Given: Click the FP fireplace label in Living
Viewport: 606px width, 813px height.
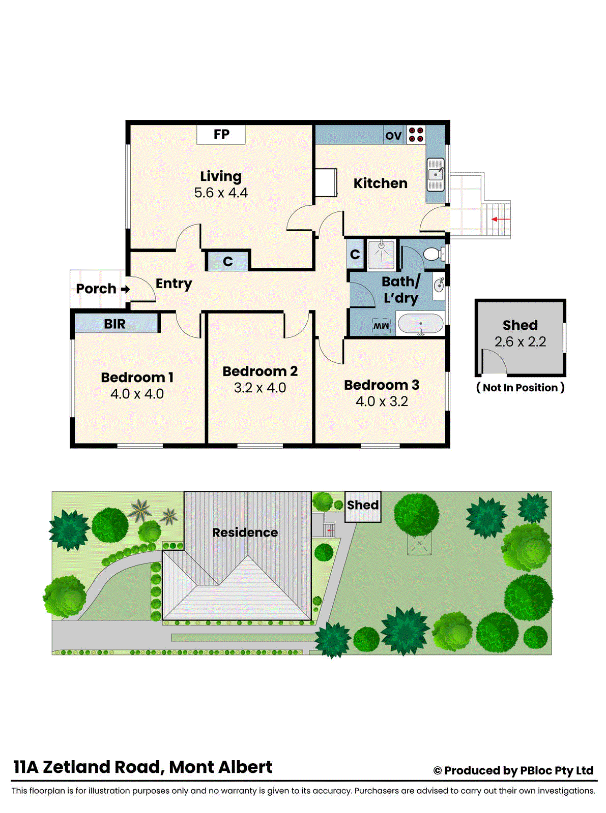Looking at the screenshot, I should [221, 135].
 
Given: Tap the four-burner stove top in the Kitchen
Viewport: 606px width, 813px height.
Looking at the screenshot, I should [416, 135].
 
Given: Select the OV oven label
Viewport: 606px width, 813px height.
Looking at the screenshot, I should [393, 136].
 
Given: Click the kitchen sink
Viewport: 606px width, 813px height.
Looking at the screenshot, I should [436, 174].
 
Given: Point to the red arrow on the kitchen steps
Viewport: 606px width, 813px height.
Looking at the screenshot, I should [501, 220].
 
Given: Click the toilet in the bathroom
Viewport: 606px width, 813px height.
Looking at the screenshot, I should [434, 254].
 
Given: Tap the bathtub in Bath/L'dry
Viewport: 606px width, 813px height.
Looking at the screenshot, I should [420, 324].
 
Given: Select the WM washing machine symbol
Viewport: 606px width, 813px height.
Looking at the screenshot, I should [381, 326].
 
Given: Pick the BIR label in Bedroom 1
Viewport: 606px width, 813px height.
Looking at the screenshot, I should [114, 324].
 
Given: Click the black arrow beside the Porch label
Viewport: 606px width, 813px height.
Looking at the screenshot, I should [125, 289].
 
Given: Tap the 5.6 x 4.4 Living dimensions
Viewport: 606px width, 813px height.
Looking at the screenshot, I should [221, 193].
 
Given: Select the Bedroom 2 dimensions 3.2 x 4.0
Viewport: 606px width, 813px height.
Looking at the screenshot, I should [259, 388].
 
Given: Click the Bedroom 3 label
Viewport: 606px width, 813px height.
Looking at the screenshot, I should [382, 385].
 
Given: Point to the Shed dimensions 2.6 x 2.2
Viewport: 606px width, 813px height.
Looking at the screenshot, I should [520, 342].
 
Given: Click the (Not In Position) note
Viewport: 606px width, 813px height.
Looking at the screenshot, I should [520, 388].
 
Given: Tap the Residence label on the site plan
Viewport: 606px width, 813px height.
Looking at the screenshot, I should [245, 533].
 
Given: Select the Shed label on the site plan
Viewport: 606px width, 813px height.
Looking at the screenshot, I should [363, 505].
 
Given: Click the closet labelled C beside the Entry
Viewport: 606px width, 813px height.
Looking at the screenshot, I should [227, 262].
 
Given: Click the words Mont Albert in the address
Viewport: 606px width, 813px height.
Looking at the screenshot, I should [220, 767].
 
